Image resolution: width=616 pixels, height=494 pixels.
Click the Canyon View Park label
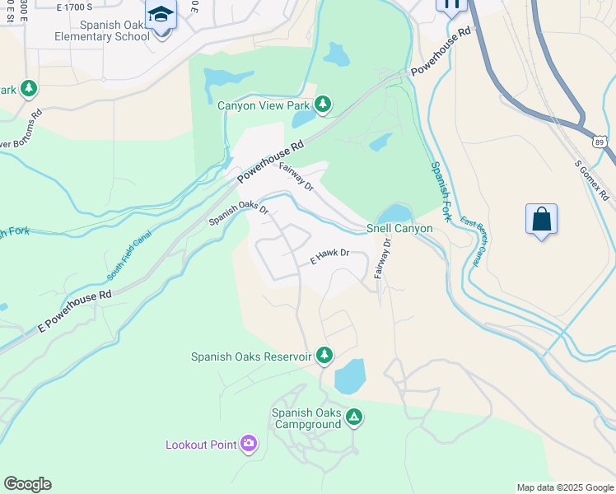(264, 105)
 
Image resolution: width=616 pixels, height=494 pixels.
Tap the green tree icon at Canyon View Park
(324, 104)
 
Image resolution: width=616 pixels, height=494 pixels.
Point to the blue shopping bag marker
(541, 220)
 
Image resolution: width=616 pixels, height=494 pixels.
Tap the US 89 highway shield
(600, 142)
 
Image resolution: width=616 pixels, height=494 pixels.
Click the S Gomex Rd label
(592, 180)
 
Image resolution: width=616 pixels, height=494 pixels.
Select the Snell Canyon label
(399, 228)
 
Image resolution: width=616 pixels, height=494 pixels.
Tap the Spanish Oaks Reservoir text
(251, 357)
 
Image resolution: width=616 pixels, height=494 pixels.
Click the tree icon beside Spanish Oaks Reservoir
(324, 355)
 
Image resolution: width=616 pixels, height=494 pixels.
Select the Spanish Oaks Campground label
(306, 418)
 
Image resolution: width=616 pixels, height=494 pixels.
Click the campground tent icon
(353, 417)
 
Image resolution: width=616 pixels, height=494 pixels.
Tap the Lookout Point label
(201, 445)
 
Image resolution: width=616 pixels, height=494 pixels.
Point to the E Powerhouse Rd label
(74, 311)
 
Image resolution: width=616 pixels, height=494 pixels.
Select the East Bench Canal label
(470, 243)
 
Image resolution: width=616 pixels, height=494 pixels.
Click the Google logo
(27, 484)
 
